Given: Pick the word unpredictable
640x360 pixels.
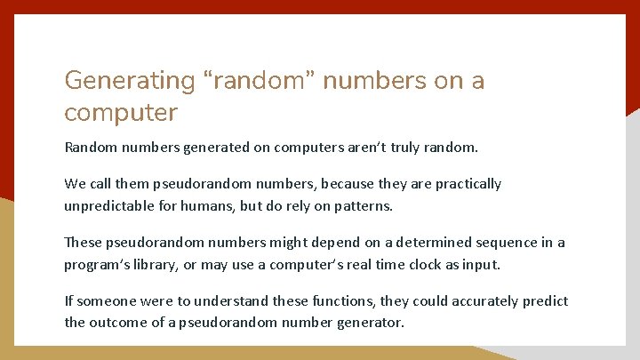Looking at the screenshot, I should [108, 206].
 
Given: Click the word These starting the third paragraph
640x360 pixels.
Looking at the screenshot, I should [82, 242].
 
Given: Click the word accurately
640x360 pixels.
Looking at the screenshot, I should [483, 300].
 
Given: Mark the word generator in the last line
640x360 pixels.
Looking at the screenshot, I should [369, 323].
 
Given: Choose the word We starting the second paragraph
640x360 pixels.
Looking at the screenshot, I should [75, 184].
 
